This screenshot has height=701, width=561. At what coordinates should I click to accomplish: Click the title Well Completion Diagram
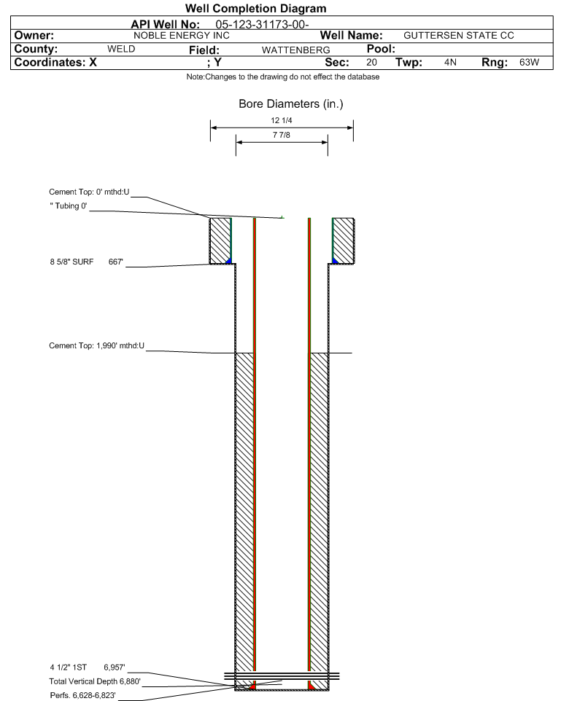255,9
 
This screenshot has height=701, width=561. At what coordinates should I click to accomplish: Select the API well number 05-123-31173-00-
262,24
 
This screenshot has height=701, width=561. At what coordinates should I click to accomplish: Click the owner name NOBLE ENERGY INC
182,36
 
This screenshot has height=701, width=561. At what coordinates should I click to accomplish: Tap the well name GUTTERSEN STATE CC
458,36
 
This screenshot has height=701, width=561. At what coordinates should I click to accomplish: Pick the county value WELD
121,49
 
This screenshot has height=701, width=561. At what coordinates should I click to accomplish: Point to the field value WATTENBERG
295,50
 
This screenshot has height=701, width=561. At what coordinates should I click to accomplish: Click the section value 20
371,62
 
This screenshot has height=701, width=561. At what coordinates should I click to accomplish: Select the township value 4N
450,62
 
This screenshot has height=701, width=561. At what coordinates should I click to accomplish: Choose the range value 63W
529,62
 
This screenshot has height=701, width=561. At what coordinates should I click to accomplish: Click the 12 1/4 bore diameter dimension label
281,120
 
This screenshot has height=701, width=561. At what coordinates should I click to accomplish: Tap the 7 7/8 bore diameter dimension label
281,135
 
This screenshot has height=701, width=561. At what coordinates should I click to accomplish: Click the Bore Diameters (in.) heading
290,104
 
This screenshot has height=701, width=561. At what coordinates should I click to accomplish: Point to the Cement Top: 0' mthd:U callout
89,192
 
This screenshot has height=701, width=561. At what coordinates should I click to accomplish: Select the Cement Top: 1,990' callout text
97,345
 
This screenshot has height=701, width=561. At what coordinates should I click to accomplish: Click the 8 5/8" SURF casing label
71,262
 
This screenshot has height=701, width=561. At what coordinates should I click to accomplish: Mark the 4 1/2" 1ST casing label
68,667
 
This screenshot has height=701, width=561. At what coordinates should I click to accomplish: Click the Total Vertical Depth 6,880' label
95,681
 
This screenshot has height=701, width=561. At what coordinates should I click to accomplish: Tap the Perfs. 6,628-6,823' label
83,695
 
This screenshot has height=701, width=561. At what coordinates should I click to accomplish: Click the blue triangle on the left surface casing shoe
229,261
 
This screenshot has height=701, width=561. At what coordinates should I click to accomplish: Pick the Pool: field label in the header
381,49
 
